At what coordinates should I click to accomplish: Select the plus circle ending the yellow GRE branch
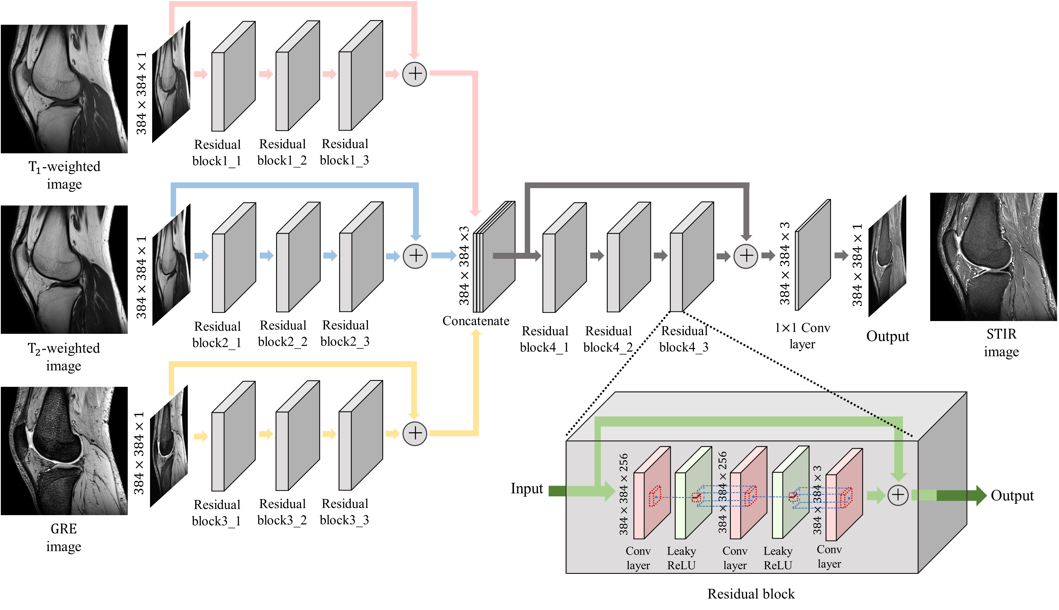click(x=415, y=433)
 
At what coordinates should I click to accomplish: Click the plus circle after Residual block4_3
click(x=746, y=256)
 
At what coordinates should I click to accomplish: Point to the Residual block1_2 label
click(x=282, y=152)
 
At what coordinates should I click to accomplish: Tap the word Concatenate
click(x=476, y=321)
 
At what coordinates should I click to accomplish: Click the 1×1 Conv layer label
click(x=802, y=336)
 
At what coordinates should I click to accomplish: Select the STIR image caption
click(x=1001, y=342)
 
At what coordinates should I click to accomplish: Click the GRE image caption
click(x=64, y=537)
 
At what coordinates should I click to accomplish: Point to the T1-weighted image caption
click(x=64, y=175)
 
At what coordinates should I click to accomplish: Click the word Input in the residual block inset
click(x=526, y=488)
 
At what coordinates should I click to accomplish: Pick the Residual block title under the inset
click(x=751, y=594)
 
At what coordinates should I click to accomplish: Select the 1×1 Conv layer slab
click(x=812, y=256)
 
